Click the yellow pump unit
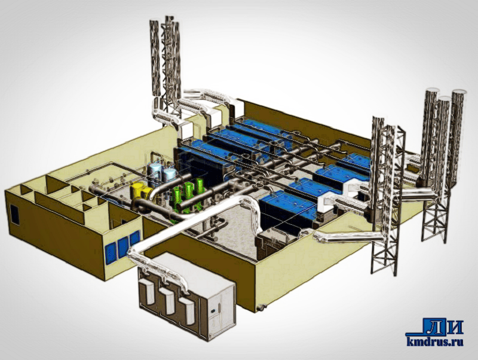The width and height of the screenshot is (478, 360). tap(141, 191)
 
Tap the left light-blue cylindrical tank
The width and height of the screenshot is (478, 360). tap(155, 171)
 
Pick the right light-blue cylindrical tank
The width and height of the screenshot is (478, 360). tap(169, 174)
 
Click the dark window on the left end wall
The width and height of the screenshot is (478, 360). tap(14, 215)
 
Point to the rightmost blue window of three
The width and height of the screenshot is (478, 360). tap(134, 239)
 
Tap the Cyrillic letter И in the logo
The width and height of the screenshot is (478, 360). tap(454, 327)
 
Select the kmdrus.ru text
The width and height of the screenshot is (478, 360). tap(435, 341)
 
